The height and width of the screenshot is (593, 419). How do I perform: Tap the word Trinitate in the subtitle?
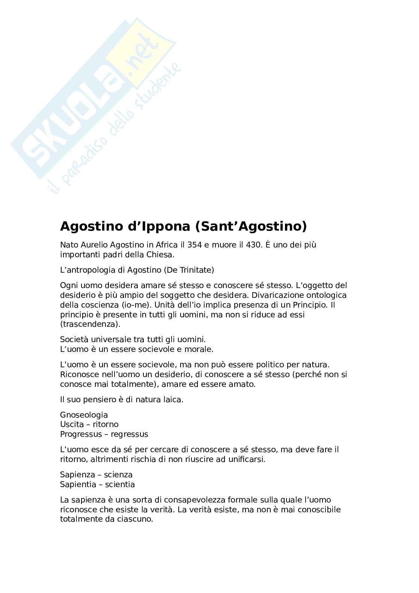coord(193,270)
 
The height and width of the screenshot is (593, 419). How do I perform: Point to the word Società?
coord(74,340)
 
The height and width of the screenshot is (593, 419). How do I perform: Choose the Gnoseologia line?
coord(84,415)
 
